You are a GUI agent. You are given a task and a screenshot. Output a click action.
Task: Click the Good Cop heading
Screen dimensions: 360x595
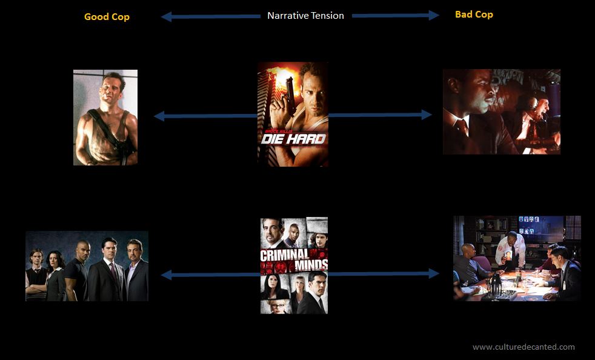(x=107, y=17)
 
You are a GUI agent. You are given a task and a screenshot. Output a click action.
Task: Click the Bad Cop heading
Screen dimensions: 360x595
(x=474, y=15)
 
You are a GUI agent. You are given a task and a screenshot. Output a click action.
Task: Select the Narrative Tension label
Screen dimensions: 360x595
(x=305, y=16)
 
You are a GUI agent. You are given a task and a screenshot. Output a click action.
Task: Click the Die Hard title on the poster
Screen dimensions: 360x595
(x=293, y=138)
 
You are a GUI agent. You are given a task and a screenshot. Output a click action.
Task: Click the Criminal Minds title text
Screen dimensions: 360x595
(x=294, y=259)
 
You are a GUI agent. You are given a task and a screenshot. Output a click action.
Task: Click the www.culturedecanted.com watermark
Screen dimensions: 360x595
(x=524, y=347)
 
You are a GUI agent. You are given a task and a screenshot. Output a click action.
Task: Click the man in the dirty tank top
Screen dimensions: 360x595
(x=105, y=118)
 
